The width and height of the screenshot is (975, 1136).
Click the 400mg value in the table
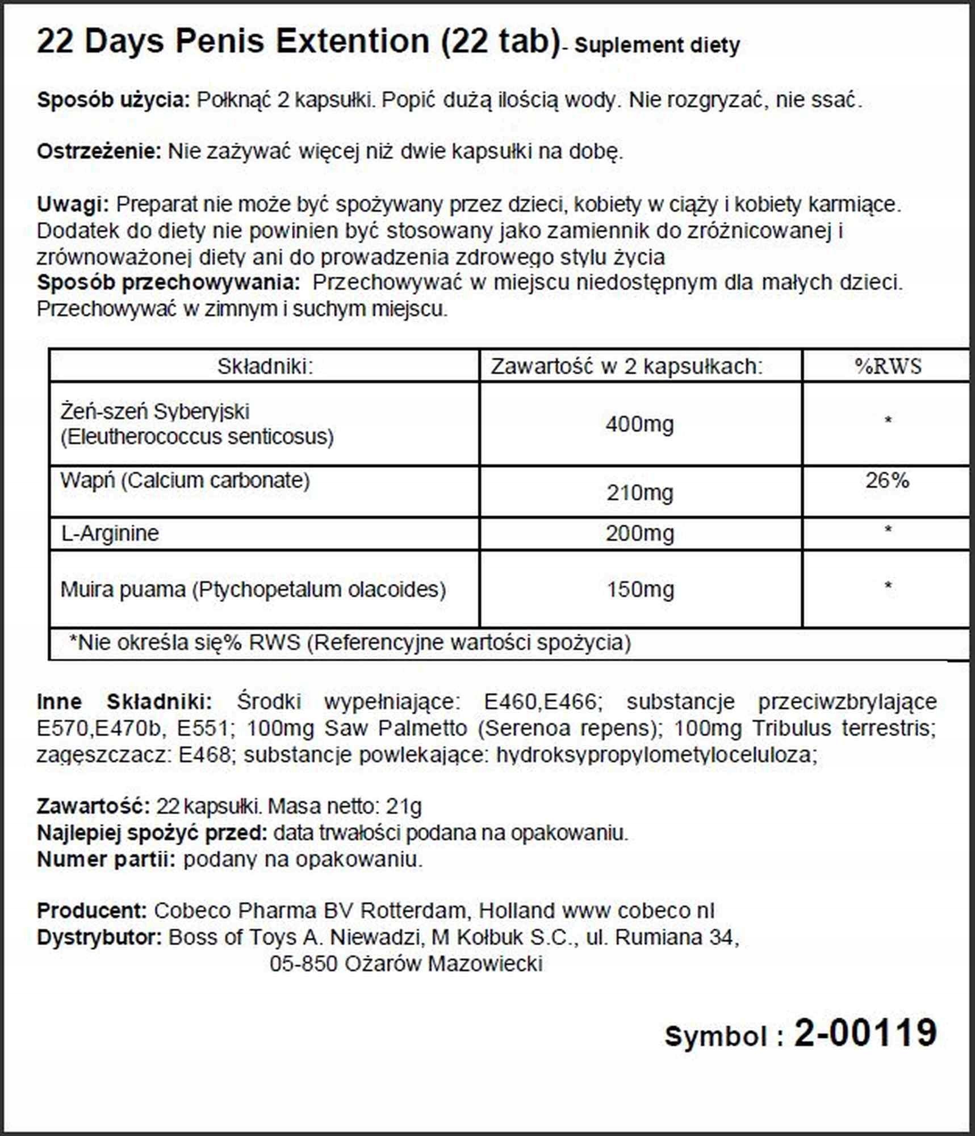click(x=639, y=424)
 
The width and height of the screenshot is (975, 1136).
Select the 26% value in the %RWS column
click(x=887, y=481)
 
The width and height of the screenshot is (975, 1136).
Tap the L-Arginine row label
click(x=110, y=533)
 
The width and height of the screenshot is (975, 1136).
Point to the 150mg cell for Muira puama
click(x=640, y=589)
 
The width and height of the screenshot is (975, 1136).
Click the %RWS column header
click(x=888, y=366)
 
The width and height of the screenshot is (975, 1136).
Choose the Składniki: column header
click(x=265, y=366)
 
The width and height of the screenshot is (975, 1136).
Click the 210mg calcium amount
click(x=639, y=492)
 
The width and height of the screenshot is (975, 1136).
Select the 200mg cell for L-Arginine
click(x=639, y=533)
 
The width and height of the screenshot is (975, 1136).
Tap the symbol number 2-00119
click(x=865, y=1032)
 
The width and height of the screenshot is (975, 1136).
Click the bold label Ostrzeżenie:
click(x=99, y=152)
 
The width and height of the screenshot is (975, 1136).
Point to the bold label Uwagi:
click(x=73, y=204)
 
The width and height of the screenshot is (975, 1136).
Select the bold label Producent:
click(x=92, y=911)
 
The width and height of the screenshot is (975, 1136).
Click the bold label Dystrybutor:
click(x=99, y=937)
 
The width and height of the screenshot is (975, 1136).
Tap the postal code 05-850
click(x=304, y=964)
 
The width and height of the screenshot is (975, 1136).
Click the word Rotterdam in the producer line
click(x=413, y=911)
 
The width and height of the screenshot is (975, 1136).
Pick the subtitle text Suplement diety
click(x=657, y=45)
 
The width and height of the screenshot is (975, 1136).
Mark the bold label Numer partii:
click(x=106, y=859)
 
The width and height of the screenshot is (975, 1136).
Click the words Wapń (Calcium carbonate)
click(x=185, y=481)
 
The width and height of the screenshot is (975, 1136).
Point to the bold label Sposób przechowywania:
click(x=168, y=282)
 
